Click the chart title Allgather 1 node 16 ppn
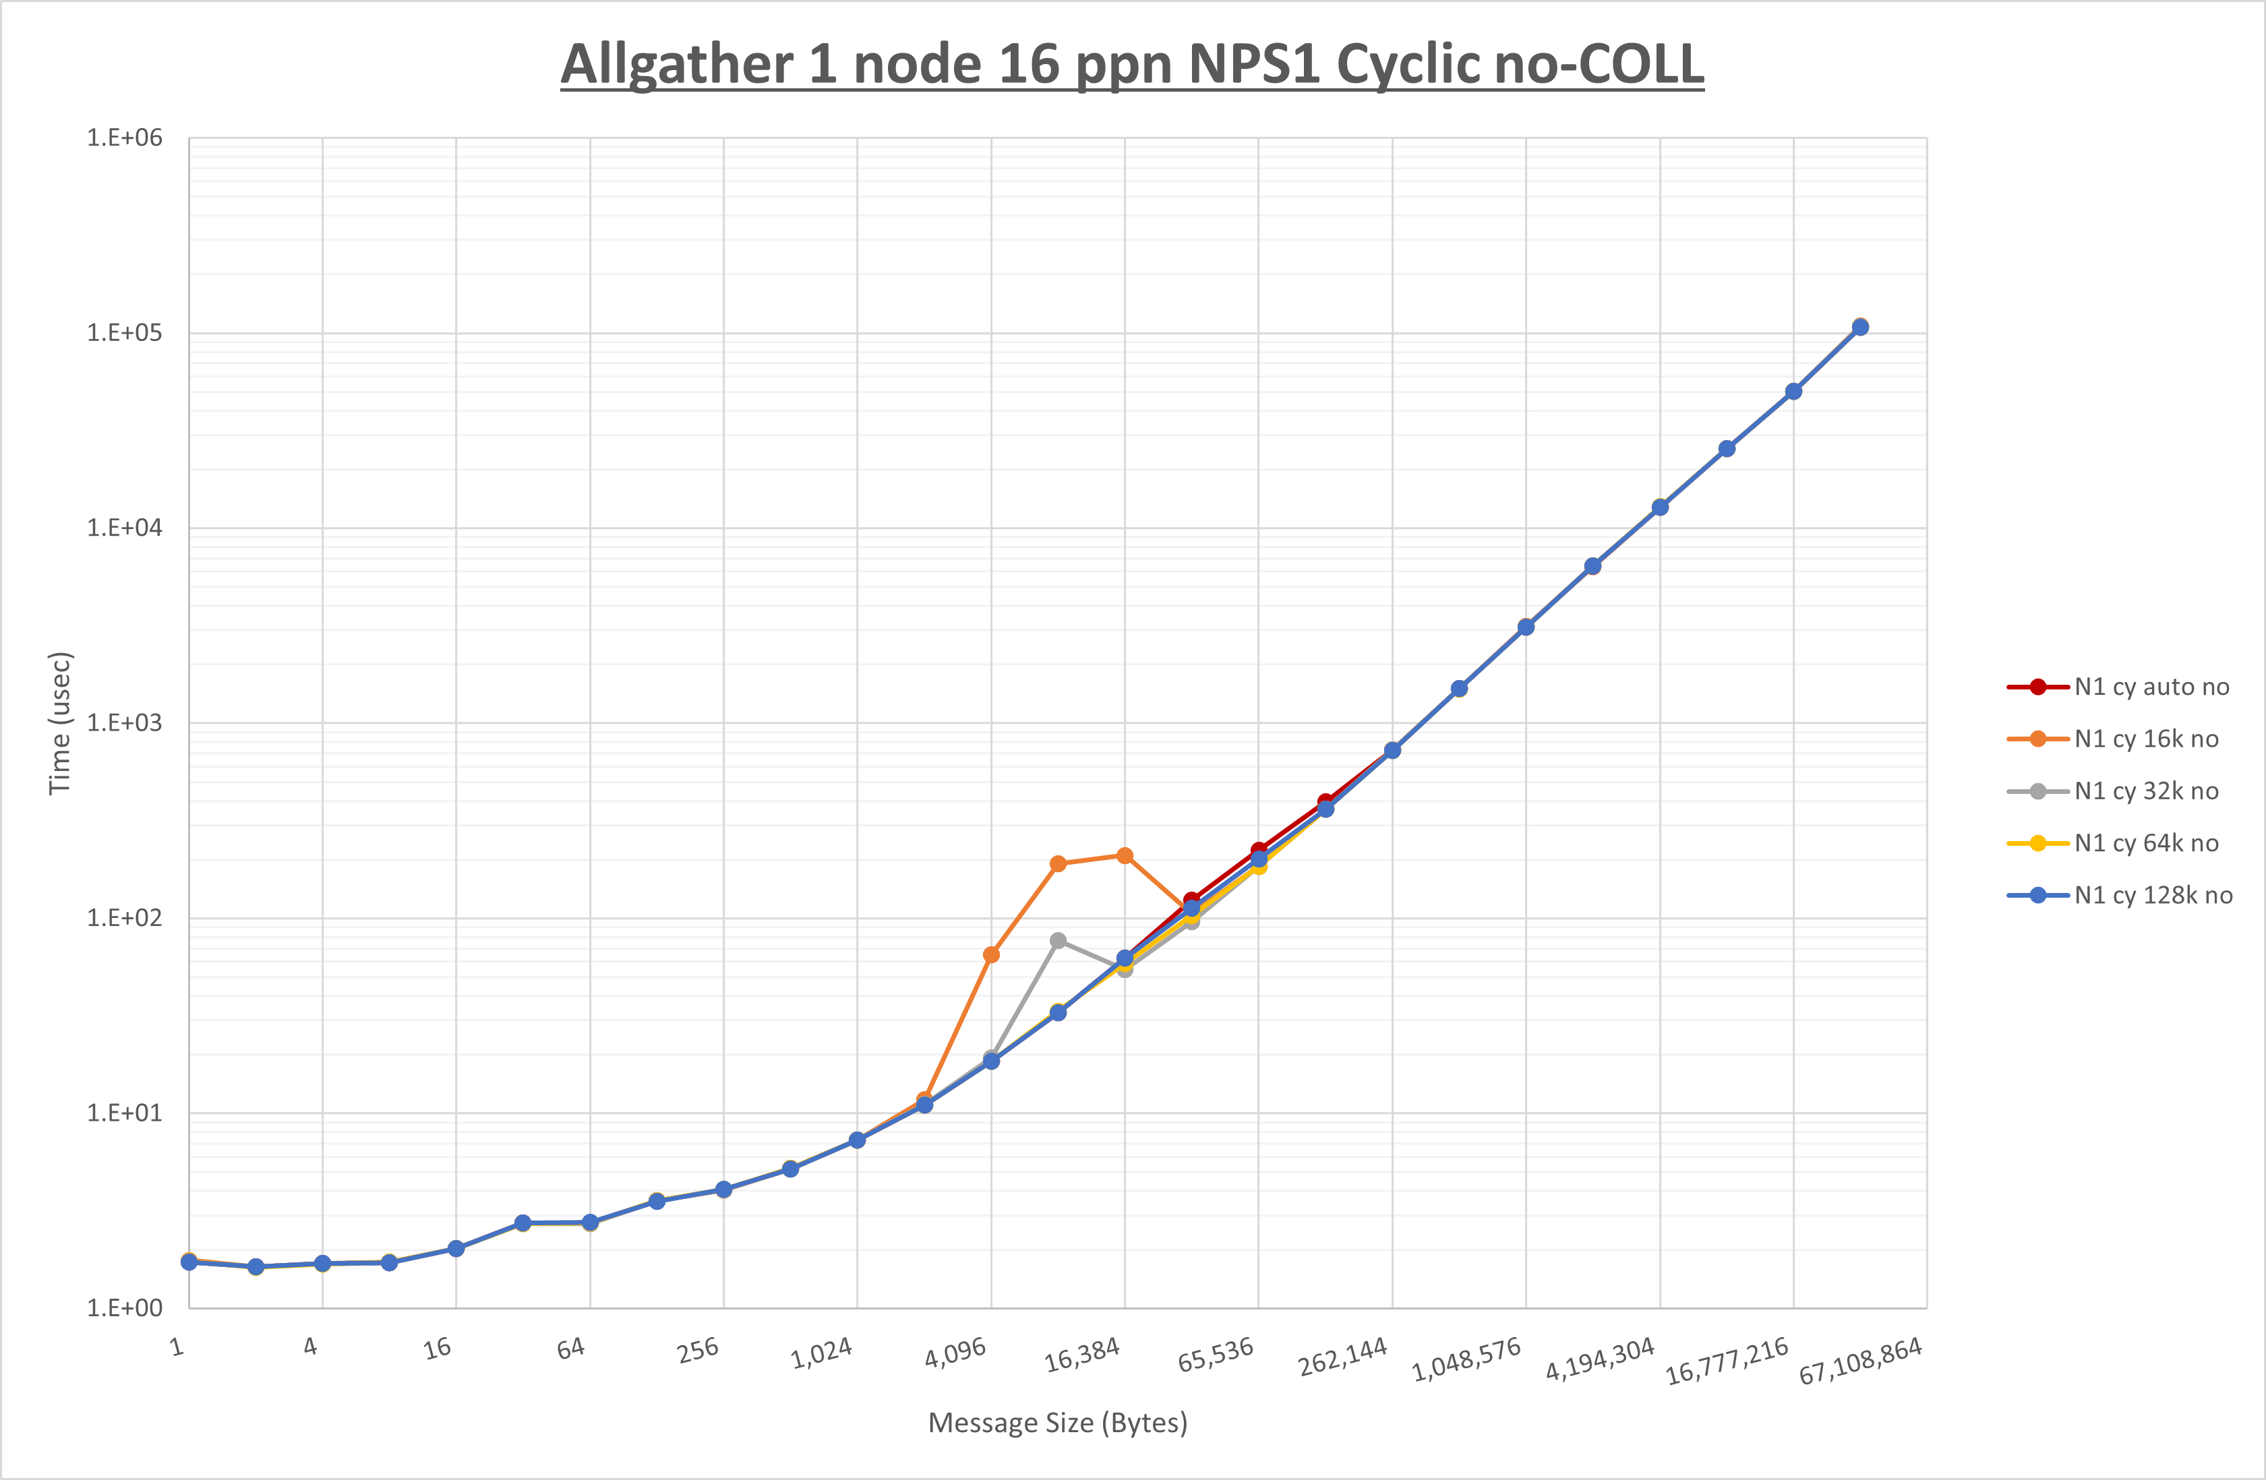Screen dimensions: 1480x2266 pos(1132,65)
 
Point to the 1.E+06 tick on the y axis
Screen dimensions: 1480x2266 pos(125,138)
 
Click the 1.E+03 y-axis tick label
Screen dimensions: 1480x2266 pos(125,722)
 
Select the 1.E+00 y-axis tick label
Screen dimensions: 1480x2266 pos(125,1307)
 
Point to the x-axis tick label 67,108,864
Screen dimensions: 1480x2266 pos(1860,1361)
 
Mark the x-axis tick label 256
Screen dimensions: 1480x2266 pos(698,1350)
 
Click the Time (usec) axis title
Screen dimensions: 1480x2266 pos(60,722)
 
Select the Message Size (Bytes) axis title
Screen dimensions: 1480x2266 pos(1058,1423)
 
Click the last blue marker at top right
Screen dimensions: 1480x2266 pos(1860,328)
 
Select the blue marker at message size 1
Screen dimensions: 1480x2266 pos(189,1262)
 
